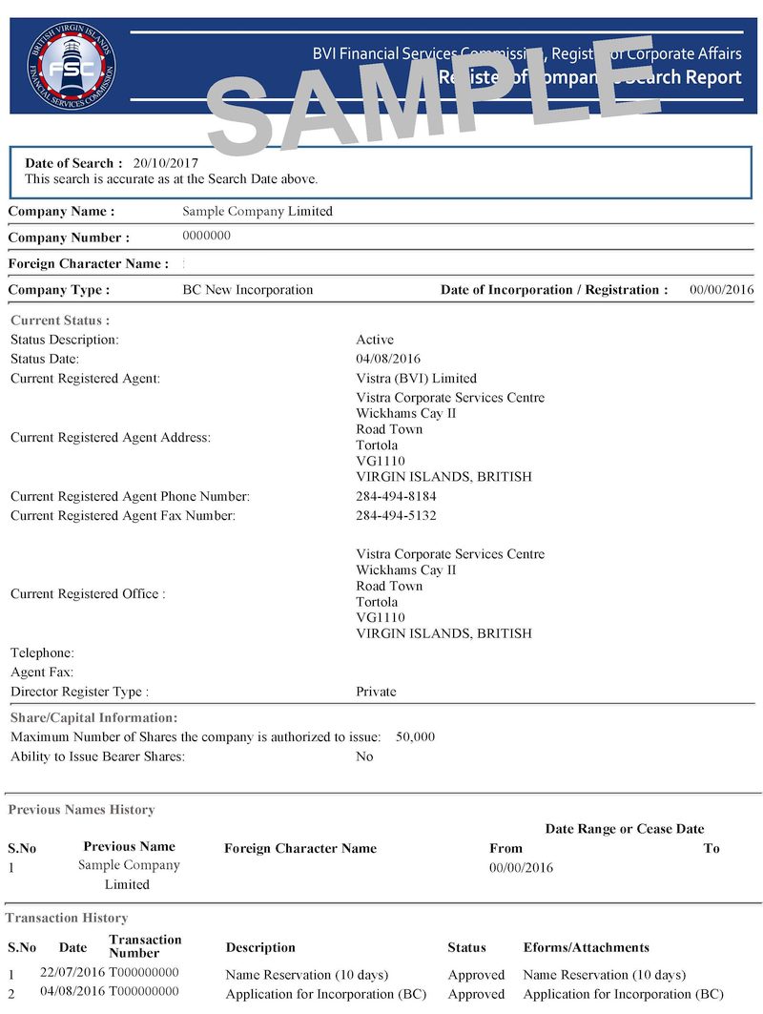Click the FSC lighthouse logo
(x=72, y=68)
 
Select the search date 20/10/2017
(x=165, y=163)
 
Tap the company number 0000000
(x=206, y=236)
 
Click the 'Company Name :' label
(x=61, y=212)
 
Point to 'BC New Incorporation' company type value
(x=247, y=290)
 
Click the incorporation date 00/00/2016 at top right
(x=721, y=290)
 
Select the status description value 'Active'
(x=375, y=340)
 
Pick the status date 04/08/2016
(x=388, y=360)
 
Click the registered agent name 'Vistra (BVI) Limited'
(x=416, y=379)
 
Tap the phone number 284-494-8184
(x=396, y=497)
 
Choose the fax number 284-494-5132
(x=396, y=516)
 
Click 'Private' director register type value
(x=376, y=692)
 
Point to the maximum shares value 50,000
(x=415, y=737)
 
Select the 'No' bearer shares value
(x=364, y=756)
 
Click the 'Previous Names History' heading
(x=81, y=810)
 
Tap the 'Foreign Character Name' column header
(x=300, y=848)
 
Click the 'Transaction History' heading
(x=67, y=918)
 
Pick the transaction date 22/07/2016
(x=72, y=973)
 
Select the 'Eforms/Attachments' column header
(x=587, y=947)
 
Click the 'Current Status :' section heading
(x=60, y=321)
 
